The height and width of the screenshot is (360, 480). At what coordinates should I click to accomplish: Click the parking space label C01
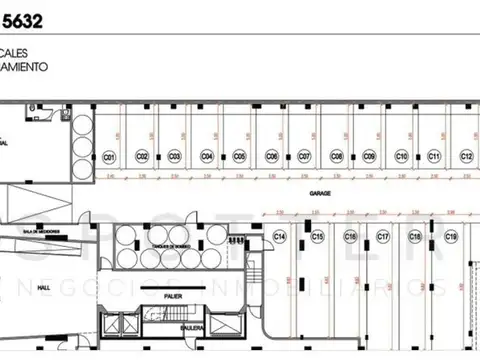click(110, 157)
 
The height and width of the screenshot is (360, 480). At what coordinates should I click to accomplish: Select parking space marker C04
click(207, 157)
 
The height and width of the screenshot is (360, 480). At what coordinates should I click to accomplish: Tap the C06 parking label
click(271, 157)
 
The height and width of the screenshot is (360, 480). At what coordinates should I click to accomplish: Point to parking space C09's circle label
click(369, 157)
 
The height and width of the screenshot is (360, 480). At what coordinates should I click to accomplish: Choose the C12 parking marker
click(466, 157)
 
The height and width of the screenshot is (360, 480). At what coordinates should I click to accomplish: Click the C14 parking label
click(280, 236)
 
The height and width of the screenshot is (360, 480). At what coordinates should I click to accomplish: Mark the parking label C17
click(383, 237)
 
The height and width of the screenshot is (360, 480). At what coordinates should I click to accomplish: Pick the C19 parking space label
click(451, 237)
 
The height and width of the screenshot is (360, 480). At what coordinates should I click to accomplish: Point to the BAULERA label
click(178, 325)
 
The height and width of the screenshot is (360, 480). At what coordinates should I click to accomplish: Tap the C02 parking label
click(142, 157)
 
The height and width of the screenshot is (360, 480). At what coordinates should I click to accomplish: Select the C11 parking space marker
click(434, 157)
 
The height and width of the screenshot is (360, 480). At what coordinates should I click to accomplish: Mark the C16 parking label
click(350, 237)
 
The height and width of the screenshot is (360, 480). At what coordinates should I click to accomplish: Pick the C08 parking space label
click(337, 157)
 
